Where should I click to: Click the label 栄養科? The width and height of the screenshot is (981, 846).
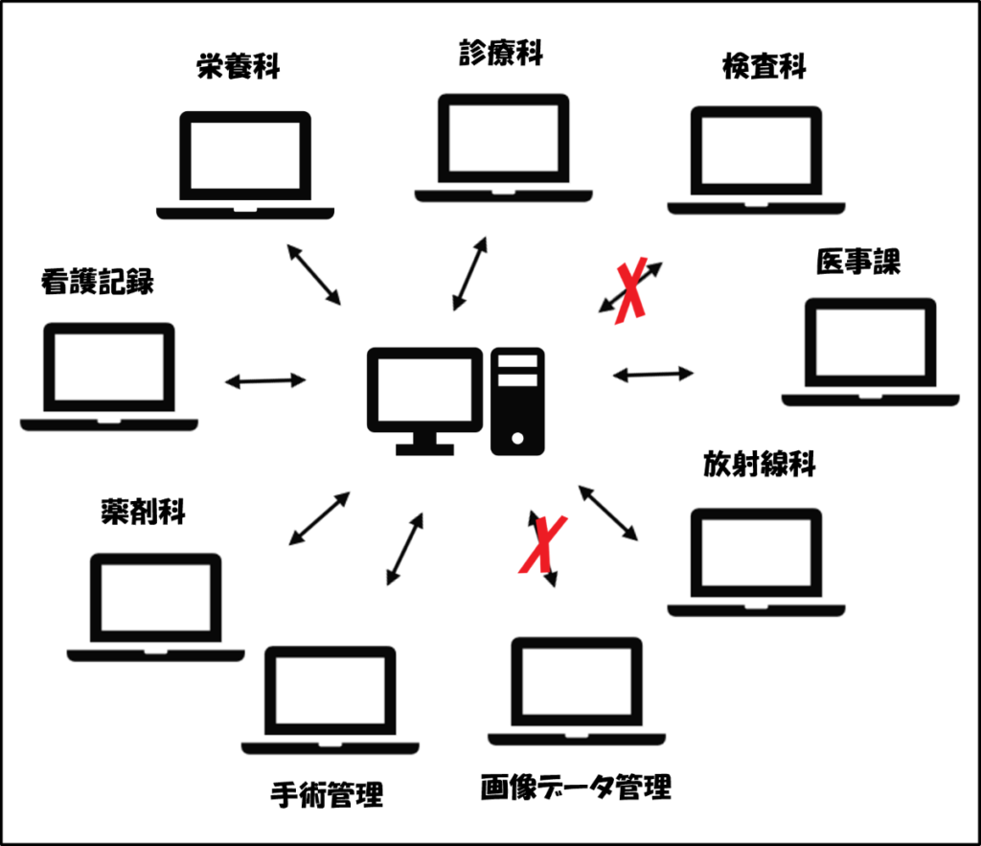[x=237, y=70]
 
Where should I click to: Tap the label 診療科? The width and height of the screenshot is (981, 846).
[x=500, y=54]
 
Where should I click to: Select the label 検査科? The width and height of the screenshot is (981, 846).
[x=764, y=67]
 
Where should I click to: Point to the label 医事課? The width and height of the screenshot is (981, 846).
[x=858, y=262]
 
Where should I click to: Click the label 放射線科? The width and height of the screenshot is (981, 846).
[x=758, y=466]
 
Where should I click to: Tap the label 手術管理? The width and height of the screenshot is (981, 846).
[x=328, y=794]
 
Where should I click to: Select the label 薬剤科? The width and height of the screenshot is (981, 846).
[x=142, y=511]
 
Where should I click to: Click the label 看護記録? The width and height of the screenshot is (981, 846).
[x=97, y=282]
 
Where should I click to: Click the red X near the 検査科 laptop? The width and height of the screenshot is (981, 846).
[x=630, y=288]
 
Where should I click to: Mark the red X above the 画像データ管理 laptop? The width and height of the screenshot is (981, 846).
[x=542, y=544]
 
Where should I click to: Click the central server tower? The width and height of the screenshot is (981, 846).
[x=517, y=401]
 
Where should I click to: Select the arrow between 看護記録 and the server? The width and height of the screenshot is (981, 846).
[x=265, y=381]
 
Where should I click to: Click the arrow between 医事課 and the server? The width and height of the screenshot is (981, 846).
[x=653, y=374]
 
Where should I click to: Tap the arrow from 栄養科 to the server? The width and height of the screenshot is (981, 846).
[x=313, y=275]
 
